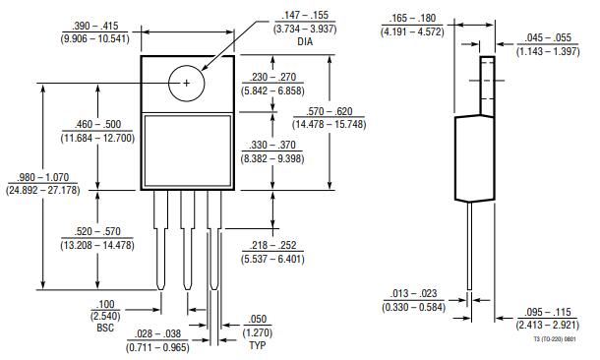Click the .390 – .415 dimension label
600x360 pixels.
95,26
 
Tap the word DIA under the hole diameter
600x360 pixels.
305,41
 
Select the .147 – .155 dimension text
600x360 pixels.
305,16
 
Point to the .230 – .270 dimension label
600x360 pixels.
272,77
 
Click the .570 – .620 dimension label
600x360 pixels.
330,111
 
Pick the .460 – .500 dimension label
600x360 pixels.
97,124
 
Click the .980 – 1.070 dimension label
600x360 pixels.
43,177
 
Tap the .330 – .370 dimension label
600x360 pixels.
272,145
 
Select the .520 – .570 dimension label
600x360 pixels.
97,231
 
